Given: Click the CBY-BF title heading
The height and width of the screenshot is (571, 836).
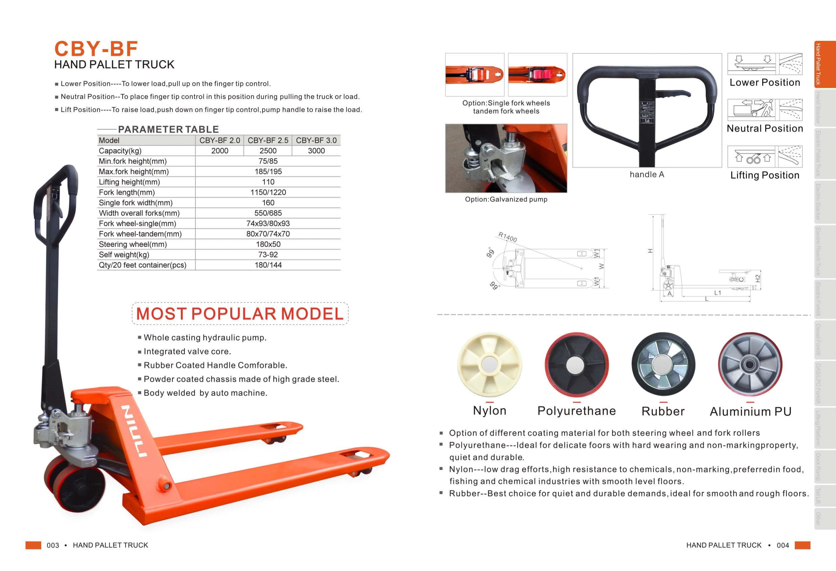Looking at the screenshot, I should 96,48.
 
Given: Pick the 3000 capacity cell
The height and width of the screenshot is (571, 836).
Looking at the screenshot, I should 316,151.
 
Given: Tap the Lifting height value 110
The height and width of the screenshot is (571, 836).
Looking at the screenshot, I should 268,182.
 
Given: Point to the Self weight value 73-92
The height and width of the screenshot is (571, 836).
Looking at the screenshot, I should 268,254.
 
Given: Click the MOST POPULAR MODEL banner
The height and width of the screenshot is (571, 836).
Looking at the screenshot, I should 240,314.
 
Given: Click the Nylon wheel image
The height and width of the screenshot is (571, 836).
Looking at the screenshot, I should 489,364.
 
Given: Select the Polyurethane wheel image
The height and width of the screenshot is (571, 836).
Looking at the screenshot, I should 576,364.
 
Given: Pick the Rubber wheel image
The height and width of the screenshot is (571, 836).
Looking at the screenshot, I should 663,364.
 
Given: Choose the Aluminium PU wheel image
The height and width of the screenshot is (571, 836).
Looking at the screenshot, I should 750,364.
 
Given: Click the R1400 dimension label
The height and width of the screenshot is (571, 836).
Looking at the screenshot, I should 508,237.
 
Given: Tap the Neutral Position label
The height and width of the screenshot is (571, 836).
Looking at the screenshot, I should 765,128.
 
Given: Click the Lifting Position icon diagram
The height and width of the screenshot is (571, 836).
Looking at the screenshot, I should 765,156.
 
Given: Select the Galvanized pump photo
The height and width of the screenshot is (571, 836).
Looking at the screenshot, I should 506,158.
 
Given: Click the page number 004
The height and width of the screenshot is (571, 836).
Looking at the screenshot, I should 783,545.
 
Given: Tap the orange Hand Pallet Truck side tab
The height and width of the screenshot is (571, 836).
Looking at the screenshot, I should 825,65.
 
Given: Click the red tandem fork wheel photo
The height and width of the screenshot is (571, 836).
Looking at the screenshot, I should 537,74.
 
